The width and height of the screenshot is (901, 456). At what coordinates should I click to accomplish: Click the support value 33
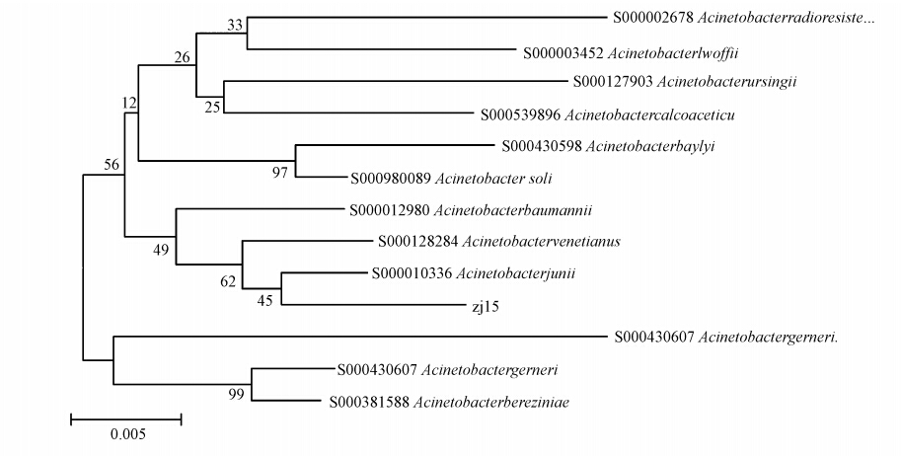235,26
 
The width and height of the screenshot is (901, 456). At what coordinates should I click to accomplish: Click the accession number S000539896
522,114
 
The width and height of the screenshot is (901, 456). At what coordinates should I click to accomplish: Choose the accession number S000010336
413,273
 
